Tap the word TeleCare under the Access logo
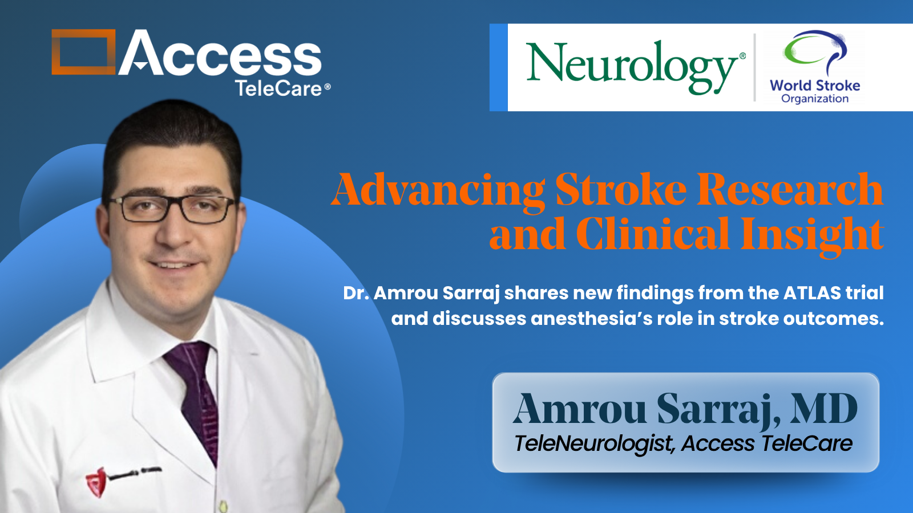tap(279, 88)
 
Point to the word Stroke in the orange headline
tap(621, 190)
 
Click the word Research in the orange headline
tap(790, 190)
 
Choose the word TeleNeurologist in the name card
tap(593, 444)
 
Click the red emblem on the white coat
tap(96, 482)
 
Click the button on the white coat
tap(223, 506)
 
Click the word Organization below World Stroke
tap(815, 99)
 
